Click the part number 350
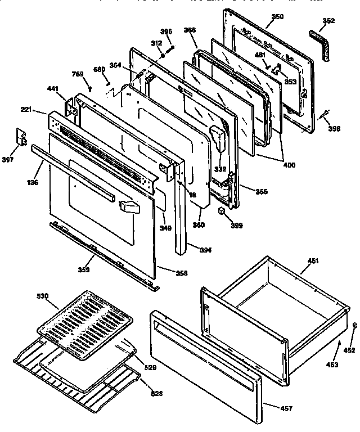tap(277, 17)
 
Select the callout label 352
tap(329, 21)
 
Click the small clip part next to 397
tap(21, 137)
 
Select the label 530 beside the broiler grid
tap(43, 295)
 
